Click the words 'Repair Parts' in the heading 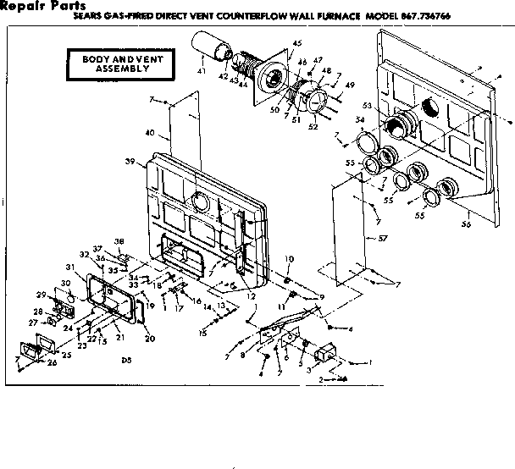pos(42,6)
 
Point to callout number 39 pos(130,161)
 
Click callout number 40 pos(151,132)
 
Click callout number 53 pos(367,105)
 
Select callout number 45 pos(296,44)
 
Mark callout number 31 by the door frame pos(69,267)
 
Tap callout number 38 pos(119,240)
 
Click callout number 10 pos(289,258)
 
